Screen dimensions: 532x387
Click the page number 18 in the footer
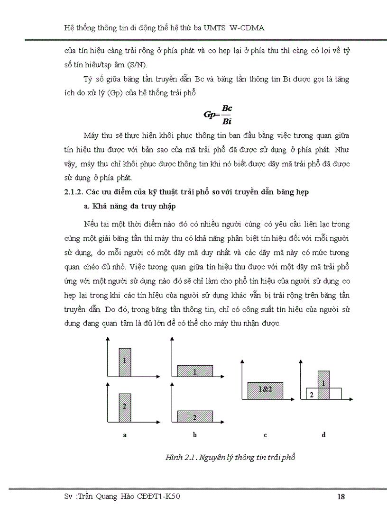pyautogui.click(x=341, y=497)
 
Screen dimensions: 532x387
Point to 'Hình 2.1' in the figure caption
pyautogui.click(x=179, y=458)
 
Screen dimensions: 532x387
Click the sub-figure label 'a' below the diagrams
pyautogui.click(x=124, y=434)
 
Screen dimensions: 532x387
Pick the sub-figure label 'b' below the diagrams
pyautogui.click(x=195, y=434)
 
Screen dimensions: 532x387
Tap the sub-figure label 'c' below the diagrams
pyautogui.click(x=265, y=434)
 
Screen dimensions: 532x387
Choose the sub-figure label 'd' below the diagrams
pyautogui.click(x=324, y=434)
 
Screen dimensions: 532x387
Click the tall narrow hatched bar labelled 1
pyautogui.click(x=124, y=362)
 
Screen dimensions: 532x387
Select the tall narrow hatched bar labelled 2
pyautogui.click(x=124, y=407)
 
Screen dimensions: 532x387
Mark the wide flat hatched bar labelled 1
pyautogui.click(x=195, y=371)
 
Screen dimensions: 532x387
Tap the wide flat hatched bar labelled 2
pyautogui.click(x=195, y=416)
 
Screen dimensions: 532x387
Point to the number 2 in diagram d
pyautogui.click(x=311, y=394)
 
